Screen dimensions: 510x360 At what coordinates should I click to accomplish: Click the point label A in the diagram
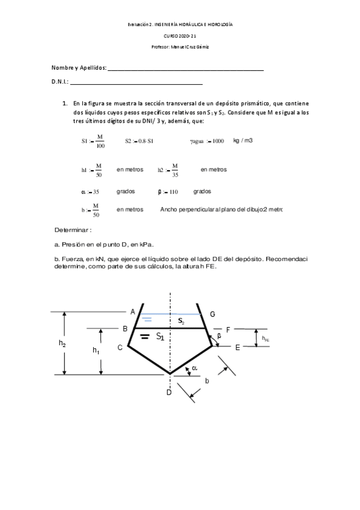pyautogui.click(x=132, y=311)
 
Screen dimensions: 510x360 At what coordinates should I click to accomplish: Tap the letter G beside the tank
pyautogui.click(x=212, y=314)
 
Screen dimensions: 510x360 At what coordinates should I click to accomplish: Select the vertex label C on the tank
pyautogui.click(x=120, y=347)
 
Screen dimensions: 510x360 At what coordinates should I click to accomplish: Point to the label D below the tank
pyautogui.click(x=169, y=393)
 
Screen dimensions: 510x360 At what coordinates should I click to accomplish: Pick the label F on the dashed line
pyautogui.click(x=228, y=330)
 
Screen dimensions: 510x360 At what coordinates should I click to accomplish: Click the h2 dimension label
pyautogui.click(x=63, y=343)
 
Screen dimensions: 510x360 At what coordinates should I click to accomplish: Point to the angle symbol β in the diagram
pyautogui.click(x=219, y=336)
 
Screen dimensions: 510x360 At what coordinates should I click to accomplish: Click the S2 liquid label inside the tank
pyautogui.click(x=181, y=322)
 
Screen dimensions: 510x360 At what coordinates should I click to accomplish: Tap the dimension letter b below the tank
pyautogui.click(x=207, y=381)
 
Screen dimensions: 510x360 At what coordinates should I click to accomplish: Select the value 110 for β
pyautogui.click(x=174, y=192)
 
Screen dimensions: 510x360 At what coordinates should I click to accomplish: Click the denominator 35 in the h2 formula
pyautogui.click(x=175, y=175)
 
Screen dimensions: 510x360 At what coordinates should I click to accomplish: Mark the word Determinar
pyautogui.click(x=73, y=230)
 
